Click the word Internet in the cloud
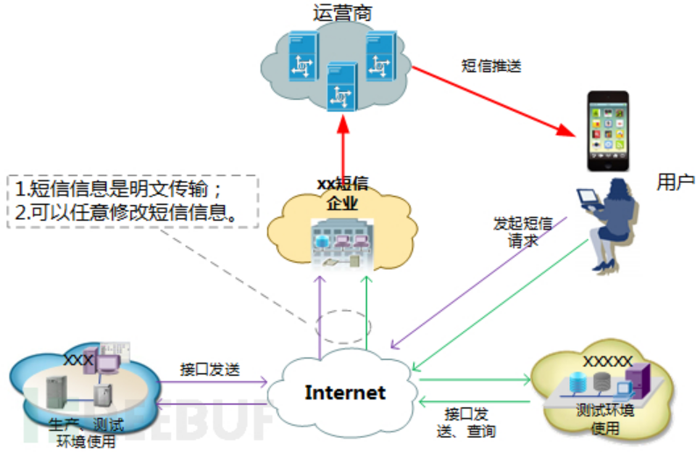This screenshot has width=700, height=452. (345, 392)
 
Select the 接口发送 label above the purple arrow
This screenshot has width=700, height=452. (208, 367)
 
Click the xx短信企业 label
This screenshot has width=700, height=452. (341, 194)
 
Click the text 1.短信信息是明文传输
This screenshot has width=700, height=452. (122, 189)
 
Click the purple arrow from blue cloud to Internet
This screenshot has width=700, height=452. (211, 382)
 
